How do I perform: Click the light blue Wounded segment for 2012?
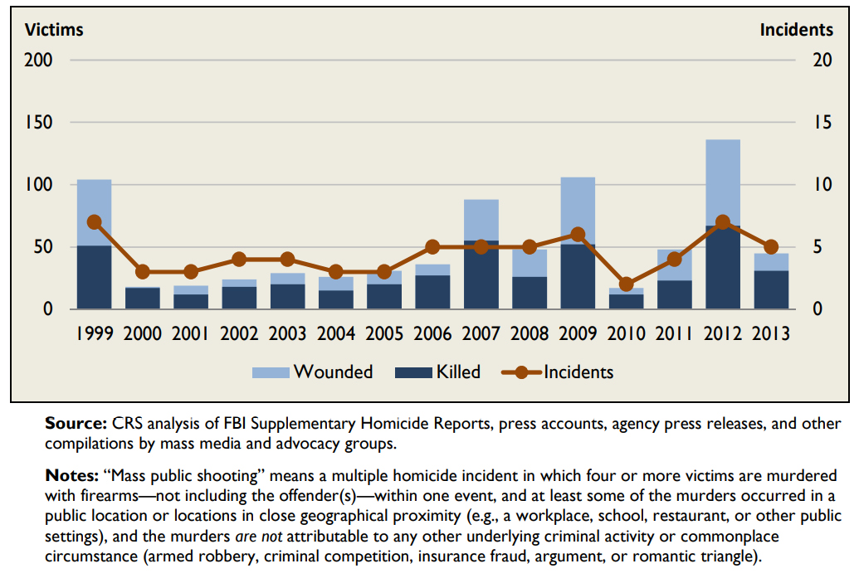click(x=722, y=182)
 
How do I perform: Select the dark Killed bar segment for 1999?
click(x=94, y=277)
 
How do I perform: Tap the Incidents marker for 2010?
click(x=626, y=284)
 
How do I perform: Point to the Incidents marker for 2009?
click(x=578, y=235)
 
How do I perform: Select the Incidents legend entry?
click(x=558, y=372)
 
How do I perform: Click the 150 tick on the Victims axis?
click(x=39, y=123)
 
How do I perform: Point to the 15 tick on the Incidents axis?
click(x=820, y=123)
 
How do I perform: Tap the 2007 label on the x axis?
click(x=481, y=334)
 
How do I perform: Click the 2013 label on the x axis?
click(x=770, y=334)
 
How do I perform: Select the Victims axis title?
click(x=54, y=30)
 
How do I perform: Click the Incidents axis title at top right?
click(x=796, y=30)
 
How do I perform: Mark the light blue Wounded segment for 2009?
click(x=578, y=207)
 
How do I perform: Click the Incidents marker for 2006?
click(x=432, y=247)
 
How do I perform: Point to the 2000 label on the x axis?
click(x=142, y=334)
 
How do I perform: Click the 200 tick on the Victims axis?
click(x=39, y=61)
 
